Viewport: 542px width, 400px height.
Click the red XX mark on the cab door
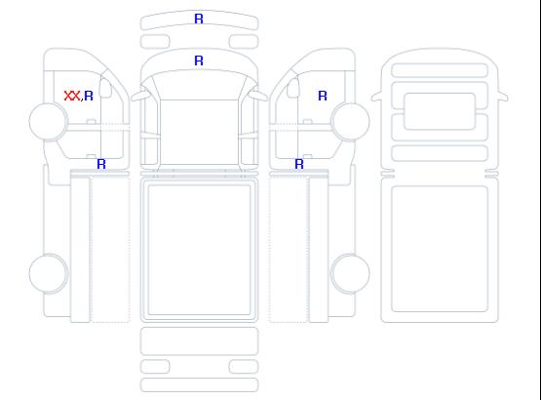click(72, 96)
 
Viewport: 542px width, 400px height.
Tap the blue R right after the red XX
click(89, 96)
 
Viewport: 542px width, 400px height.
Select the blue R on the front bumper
click(199, 19)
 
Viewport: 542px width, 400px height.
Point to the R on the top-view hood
click(199, 60)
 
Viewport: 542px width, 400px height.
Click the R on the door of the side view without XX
click(323, 96)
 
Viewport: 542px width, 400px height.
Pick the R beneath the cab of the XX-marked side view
click(101, 164)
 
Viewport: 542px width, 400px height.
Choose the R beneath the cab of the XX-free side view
click(299, 164)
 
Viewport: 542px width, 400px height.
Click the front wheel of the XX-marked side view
click(49, 121)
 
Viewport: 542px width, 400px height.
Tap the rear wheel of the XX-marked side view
click(49, 273)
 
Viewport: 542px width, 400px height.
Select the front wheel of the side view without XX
click(351, 121)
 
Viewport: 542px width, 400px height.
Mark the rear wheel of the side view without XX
click(351, 273)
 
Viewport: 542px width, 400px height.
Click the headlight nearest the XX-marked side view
click(155, 42)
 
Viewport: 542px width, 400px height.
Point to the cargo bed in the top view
click(199, 250)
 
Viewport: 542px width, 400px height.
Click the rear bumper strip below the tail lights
click(199, 385)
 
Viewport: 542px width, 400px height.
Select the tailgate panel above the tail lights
click(199, 340)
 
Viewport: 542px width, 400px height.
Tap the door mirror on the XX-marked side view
click(105, 88)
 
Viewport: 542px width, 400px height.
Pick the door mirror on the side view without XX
click(293, 88)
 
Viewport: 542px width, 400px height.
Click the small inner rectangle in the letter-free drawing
click(440, 111)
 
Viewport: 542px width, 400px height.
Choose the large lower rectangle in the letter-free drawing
click(440, 249)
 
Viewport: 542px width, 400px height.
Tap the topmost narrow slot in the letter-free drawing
click(440, 70)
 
